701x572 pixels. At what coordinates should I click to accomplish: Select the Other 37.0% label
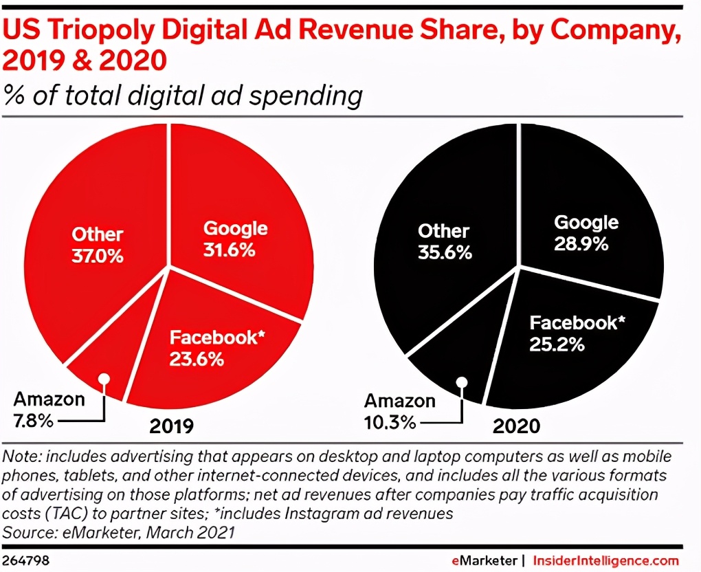pyautogui.click(x=97, y=245)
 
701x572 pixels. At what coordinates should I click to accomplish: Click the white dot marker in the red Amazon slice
pyautogui.click(x=104, y=379)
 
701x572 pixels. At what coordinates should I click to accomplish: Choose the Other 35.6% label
pyautogui.click(x=444, y=241)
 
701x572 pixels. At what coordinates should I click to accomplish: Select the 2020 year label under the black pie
pyautogui.click(x=516, y=426)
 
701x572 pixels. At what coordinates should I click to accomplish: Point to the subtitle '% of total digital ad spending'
pyautogui.click(x=183, y=95)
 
